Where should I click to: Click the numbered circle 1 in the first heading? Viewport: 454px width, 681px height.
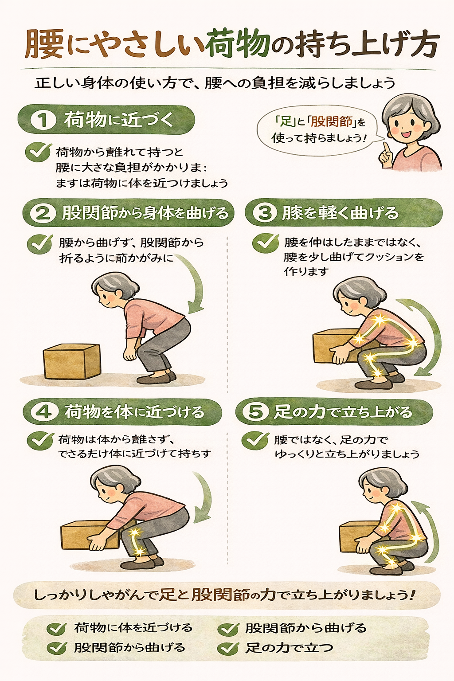[x=43, y=120]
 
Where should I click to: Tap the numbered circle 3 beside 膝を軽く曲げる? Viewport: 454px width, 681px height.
[x=265, y=213]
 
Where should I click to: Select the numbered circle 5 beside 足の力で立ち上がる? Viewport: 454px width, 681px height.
[x=255, y=412]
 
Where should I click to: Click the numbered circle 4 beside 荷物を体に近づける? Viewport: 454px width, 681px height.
[x=43, y=412]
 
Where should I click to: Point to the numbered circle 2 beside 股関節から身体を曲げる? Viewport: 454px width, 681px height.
[x=43, y=213]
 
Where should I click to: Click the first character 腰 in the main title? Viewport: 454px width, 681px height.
[x=44, y=45]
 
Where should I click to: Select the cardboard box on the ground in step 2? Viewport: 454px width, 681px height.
[x=72, y=361]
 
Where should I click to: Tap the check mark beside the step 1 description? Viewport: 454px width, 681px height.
[x=38, y=152]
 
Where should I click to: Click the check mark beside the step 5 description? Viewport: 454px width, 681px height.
[x=255, y=440]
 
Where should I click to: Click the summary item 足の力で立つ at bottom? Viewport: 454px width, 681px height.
[x=288, y=648]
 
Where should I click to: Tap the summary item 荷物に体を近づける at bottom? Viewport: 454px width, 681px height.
[x=133, y=628]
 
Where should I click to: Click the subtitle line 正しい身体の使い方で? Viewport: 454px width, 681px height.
[x=215, y=83]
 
